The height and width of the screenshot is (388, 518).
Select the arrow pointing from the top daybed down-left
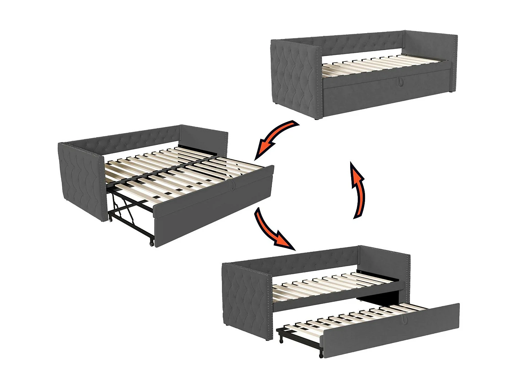pos(275,138)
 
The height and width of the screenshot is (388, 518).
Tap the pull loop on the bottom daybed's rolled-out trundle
pos(404,320)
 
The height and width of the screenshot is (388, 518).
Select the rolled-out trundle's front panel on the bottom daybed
pos(390,331)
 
